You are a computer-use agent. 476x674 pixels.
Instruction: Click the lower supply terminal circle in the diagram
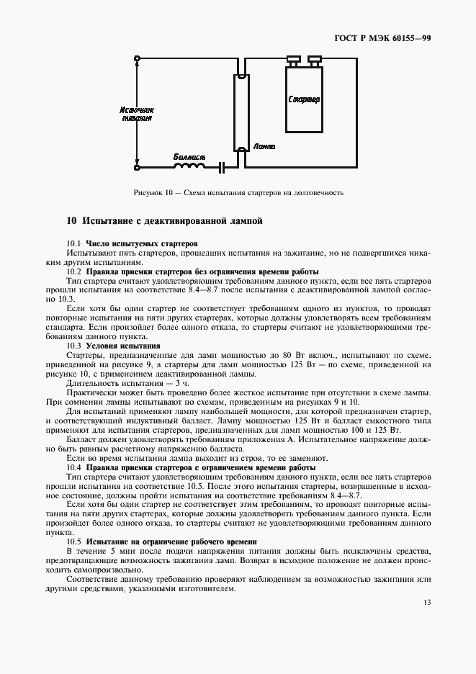click(137, 168)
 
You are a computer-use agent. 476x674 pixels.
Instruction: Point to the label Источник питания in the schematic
click(137, 114)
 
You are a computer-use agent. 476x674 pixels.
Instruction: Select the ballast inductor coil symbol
click(189, 167)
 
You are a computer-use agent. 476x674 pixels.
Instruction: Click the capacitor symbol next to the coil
click(223, 168)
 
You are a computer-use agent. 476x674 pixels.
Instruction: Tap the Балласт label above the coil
click(189, 156)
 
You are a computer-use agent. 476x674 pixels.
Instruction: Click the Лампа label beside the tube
click(264, 146)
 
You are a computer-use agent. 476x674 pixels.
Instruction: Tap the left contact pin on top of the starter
click(293, 59)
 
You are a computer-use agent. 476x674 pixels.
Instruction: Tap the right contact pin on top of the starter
click(314, 59)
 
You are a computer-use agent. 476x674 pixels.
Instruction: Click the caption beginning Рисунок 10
click(238, 193)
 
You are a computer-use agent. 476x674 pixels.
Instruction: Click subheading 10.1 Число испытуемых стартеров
click(132, 243)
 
